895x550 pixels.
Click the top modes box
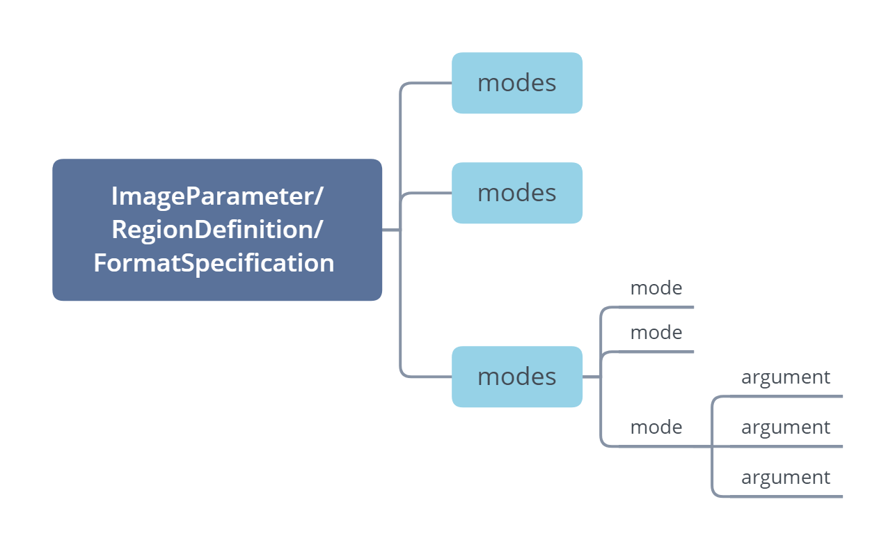(x=516, y=83)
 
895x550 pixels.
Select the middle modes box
(x=516, y=193)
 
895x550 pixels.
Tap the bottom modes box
(x=516, y=377)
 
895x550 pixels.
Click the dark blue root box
(x=217, y=230)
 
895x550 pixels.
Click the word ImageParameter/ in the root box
(x=217, y=196)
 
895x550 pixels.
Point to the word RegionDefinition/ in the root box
(x=217, y=229)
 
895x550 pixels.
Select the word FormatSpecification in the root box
(x=214, y=262)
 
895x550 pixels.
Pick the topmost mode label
(x=656, y=288)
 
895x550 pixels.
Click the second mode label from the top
(x=656, y=332)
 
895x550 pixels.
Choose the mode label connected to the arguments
(x=656, y=427)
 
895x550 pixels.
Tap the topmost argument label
(x=785, y=377)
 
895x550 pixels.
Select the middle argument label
(x=785, y=427)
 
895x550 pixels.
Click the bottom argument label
(x=785, y=477)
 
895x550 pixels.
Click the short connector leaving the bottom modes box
(x=591, y=377)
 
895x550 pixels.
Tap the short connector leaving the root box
(x=390, y=230)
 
